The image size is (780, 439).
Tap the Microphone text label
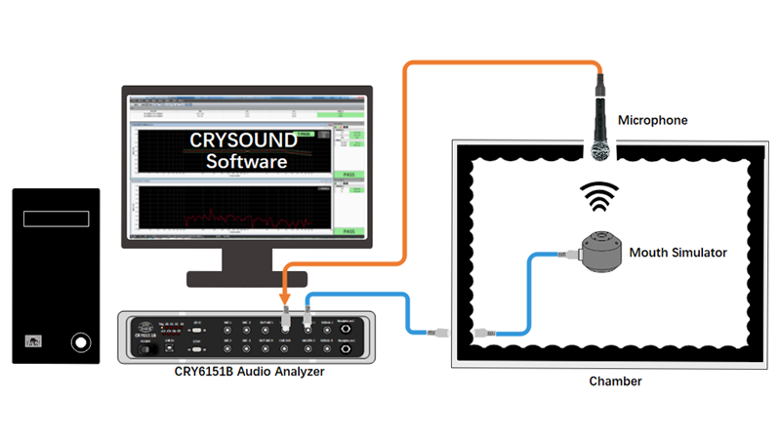(653, 121)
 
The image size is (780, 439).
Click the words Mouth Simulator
(678, 253)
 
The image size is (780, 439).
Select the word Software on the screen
(246, 162)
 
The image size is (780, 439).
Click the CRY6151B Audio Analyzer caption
(246, 372)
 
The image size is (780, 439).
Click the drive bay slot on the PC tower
(57, 219)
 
